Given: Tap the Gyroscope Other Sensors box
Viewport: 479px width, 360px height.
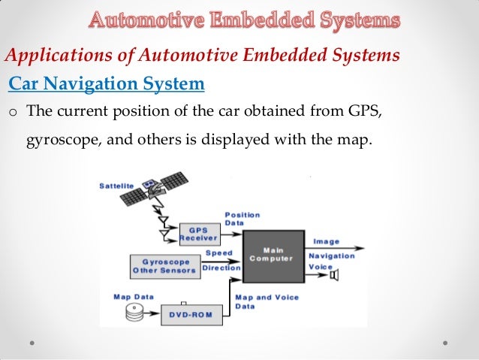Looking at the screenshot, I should click(163, 265).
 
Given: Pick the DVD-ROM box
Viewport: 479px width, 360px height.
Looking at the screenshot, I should click(192, 315).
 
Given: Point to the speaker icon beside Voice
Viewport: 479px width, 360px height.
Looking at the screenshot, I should click(333, 275).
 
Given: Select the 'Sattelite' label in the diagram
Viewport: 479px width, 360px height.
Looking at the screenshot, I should click(118, 186).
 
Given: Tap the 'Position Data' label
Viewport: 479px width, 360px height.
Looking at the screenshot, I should click(242, 219).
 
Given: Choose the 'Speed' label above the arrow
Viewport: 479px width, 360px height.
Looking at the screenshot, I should click(218, 253).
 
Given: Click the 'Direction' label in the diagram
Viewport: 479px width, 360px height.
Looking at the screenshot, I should click(221, 268).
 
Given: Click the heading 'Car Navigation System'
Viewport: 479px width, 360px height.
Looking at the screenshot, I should click(106, 84).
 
